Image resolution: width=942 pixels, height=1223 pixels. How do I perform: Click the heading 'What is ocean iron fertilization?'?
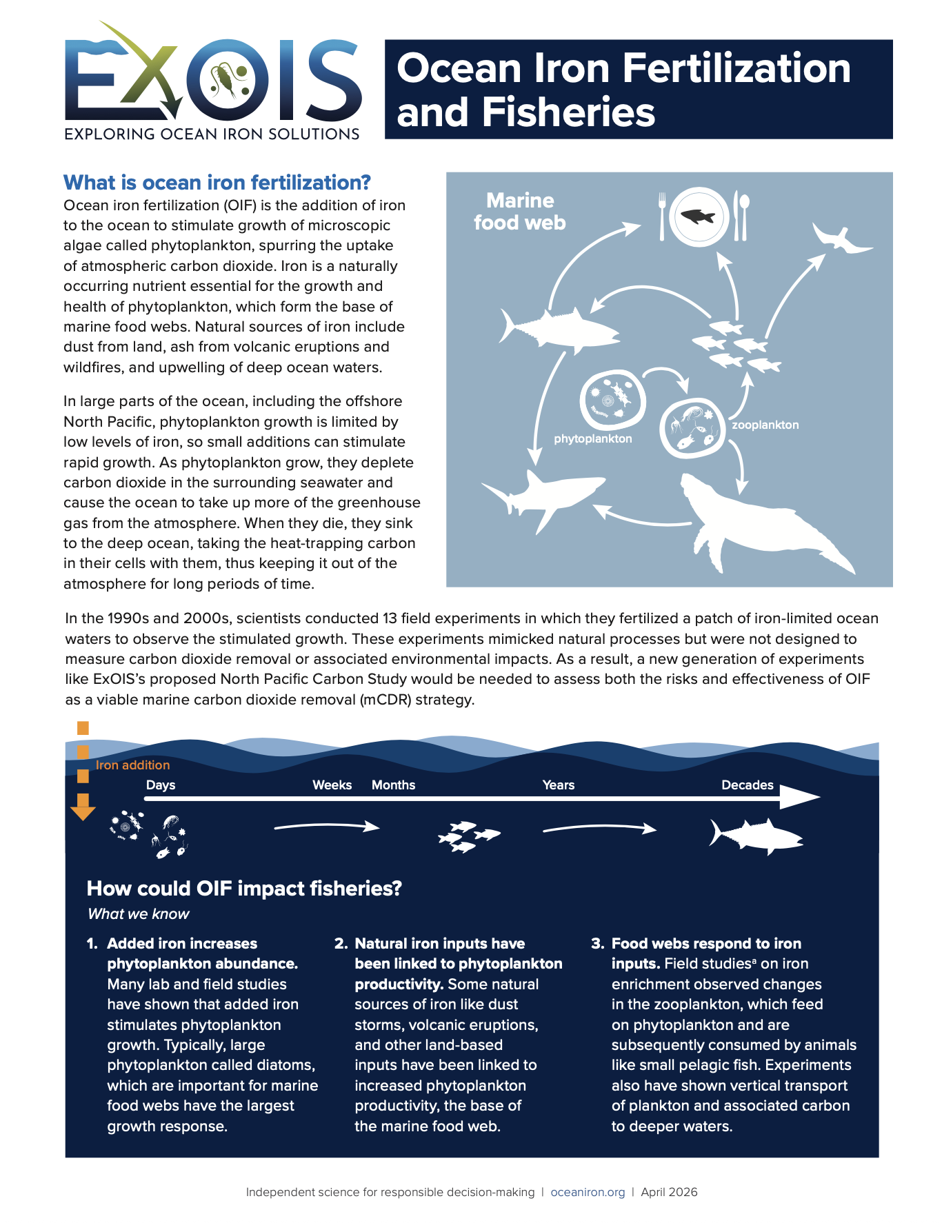[217, 183]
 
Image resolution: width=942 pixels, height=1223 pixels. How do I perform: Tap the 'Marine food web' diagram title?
[519, 212]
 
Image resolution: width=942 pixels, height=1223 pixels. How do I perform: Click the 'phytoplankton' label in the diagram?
[592, 439]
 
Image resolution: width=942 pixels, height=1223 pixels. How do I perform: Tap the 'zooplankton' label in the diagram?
[765, 425]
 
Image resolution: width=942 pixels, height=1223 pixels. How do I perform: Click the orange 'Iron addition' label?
[132, 765]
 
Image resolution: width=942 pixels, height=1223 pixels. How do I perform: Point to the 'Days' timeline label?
[161, 785]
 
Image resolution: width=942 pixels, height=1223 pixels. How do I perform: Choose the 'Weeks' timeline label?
[332, 785]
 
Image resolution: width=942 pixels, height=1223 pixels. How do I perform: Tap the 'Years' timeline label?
[558, 785]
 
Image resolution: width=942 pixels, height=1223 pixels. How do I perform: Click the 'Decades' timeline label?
[747, 785]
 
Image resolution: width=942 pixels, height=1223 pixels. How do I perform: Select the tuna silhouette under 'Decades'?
[756, 836]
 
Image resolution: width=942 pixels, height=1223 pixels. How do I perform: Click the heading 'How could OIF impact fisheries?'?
[244, 889]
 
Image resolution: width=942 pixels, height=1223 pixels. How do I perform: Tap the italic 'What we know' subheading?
[138, 914]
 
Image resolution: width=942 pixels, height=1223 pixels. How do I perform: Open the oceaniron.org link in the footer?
[588, 1192]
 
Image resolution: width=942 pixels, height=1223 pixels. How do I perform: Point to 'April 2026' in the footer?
[669, 1192]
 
